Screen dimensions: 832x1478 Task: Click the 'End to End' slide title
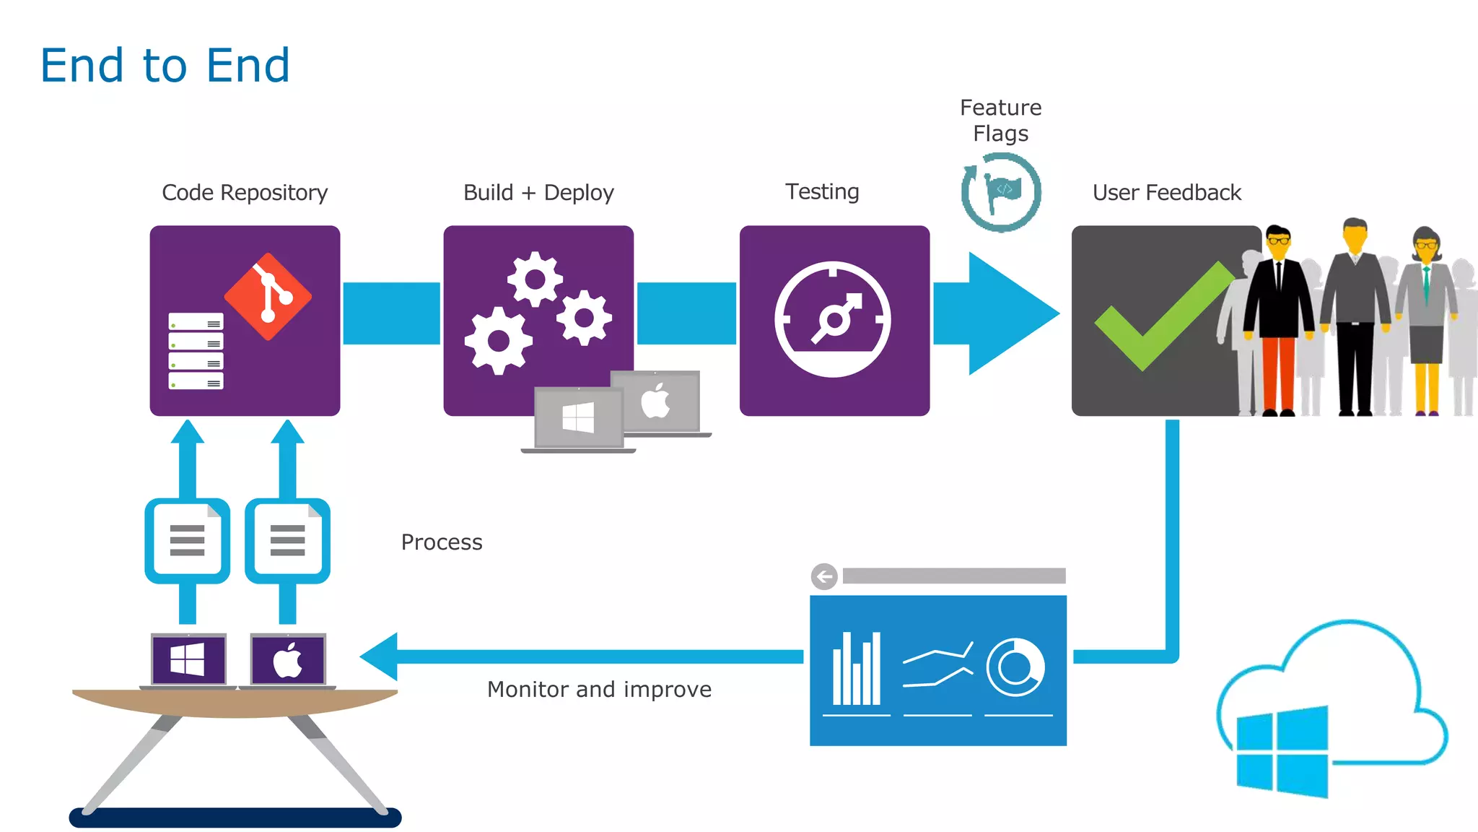tap(165, 65)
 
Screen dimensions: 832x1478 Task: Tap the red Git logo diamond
tap(268, 296)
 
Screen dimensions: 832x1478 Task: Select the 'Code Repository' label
tap(245, 193)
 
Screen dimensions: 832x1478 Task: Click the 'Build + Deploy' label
tap(538, 193)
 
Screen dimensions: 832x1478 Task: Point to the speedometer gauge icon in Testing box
tap(833, 319)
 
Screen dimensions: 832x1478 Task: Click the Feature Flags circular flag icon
tap(1001, 192)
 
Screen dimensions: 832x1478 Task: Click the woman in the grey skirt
tap(1426, 318)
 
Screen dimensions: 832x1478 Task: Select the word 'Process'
tap(442, 542)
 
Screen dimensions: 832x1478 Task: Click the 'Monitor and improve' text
tap(599, 690)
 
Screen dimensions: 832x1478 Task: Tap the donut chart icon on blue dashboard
tap(1015, 667)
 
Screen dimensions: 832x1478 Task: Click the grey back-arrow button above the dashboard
tap(824, 576)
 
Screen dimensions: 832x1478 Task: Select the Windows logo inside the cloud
tap(1282, 751)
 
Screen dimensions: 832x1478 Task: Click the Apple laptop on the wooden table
tap(288, 660)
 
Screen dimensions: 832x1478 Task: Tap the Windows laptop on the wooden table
tap(188, 660)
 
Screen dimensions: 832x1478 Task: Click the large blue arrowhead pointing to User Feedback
tap(1010, 313)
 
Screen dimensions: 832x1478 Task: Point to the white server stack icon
tap(196, 351)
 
